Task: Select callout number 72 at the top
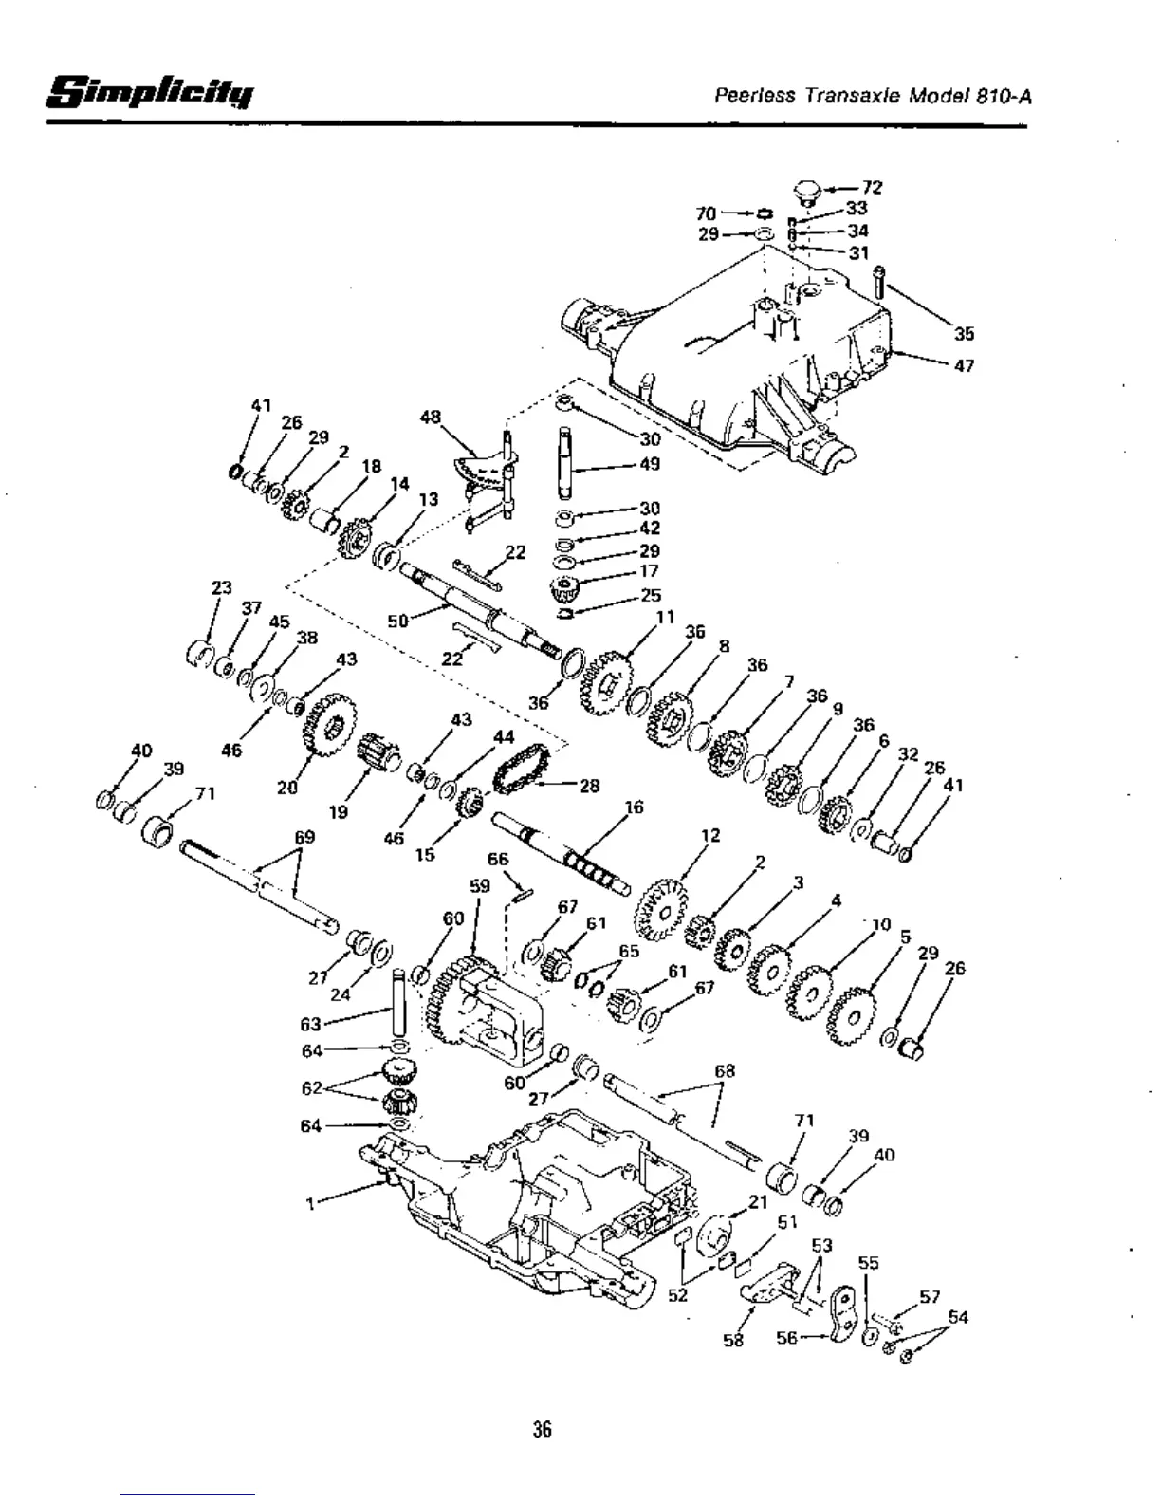pos(872,188)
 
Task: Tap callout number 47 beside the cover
pos(964,365)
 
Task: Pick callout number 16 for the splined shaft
pos(634,807)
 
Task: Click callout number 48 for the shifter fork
pos(431,417)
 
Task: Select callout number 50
pos(398,622)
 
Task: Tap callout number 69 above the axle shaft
pos(304,838)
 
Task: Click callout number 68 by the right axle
pos(725,1071)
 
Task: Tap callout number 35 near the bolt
pos(964,334)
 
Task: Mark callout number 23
pos(221,588)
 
